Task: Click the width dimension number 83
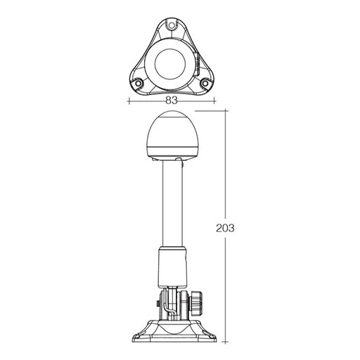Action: click(x=172, y=101)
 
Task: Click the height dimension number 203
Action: click(x=225, y=229)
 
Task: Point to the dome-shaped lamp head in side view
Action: click(x=171, y=137)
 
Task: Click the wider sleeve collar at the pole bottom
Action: click(x=172, y=266)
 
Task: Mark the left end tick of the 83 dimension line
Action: click(x=129, y=101)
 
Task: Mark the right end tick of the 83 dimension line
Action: click(x=214, y=101)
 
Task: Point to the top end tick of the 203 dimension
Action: click(x=225, y=112)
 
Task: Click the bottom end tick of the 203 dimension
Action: click(x=225, y=345)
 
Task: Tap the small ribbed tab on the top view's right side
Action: click(x=199, y=68)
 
